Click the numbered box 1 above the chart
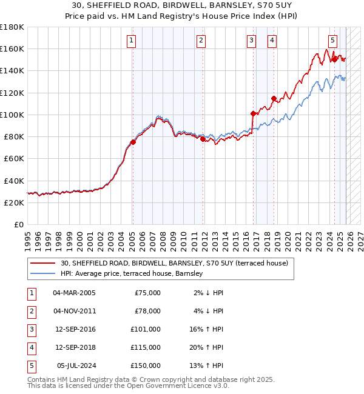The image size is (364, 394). pos(132,41)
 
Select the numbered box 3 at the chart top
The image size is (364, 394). pos(251,41)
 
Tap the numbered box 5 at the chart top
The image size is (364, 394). pos(333,41)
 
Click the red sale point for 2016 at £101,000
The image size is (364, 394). pos(253,113)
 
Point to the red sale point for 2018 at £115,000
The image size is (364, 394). pos(274,98)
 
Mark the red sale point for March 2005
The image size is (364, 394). pos(133,142)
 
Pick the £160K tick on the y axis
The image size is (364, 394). pos(12,48)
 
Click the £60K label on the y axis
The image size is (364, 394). pos(14,158)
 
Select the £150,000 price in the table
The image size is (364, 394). pos(146,366)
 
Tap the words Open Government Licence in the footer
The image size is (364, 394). pos(177,386)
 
